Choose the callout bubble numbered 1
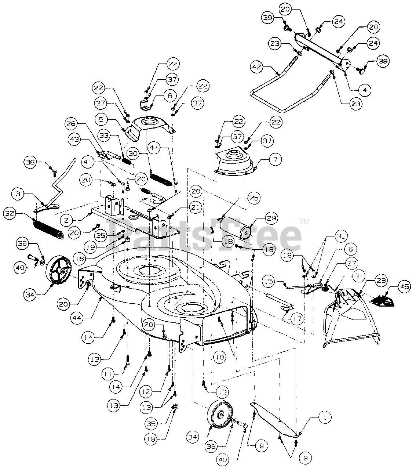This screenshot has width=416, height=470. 324,417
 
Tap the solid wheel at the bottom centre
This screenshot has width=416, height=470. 222,415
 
